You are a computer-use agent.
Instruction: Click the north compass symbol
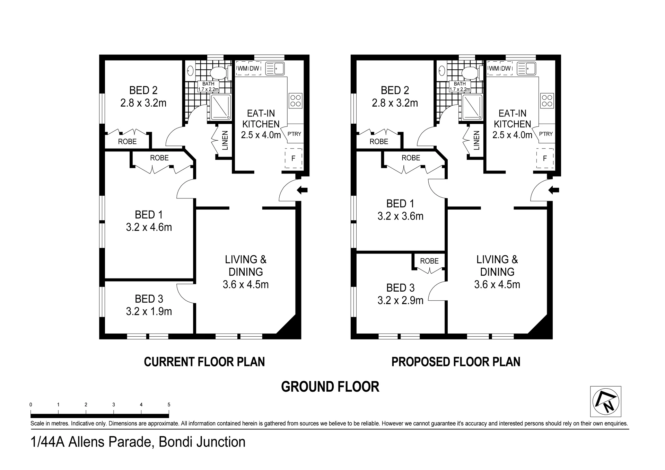(x=605, y=401)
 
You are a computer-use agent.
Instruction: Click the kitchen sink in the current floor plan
(x=275, y=68)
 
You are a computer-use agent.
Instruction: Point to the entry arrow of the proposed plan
(x=554, y=190)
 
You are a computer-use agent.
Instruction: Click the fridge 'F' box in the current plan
(x=294, y=158)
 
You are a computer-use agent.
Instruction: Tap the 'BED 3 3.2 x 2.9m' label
(x=400, y=294)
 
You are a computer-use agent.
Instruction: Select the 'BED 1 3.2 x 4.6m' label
(x=149, y=221)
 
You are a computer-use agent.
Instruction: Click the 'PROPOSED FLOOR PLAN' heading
(x=456, y=362)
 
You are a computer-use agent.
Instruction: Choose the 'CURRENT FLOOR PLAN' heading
(x=204, y=362)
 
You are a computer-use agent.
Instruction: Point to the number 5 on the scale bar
(x=169, y=405)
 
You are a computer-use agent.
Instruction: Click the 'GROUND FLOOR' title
(x=330, y=387)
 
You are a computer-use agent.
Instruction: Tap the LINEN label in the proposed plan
(x=476, y=140)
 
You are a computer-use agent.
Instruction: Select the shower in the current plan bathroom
(x=220, y=107)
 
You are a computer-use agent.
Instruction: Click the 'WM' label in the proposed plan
(x=494, y=69)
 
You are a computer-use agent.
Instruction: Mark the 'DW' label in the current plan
(x=254, y=69)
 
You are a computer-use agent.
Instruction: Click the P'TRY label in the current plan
(x=294, y=134)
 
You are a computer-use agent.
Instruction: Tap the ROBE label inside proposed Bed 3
(x=429, y=261)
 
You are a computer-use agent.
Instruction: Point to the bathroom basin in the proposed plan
(x=441, y=71)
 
